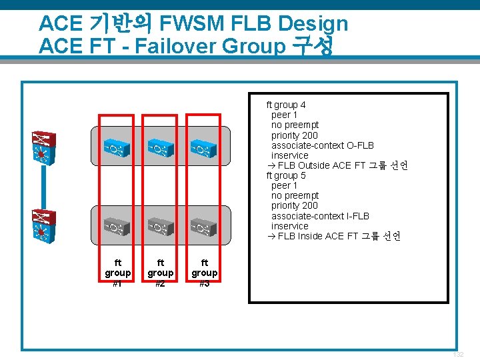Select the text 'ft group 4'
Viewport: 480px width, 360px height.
286,105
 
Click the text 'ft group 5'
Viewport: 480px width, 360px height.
286,175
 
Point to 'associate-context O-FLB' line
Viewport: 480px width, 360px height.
323,145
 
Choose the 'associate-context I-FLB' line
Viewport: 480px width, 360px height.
320,216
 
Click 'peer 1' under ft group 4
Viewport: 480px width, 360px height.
285,115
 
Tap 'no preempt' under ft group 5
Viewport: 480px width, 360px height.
295,195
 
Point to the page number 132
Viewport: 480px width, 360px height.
458,355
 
